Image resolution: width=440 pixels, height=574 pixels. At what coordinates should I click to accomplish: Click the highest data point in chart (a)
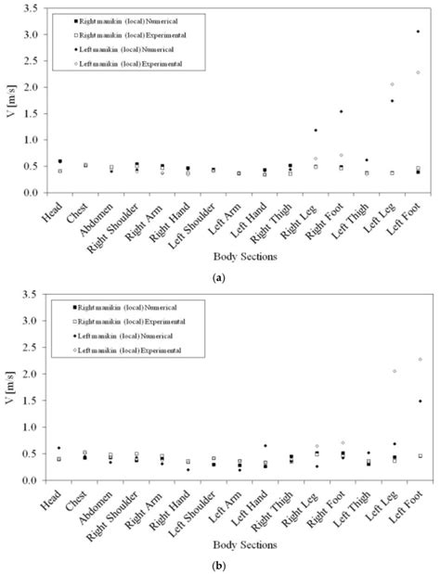tap(418, 32)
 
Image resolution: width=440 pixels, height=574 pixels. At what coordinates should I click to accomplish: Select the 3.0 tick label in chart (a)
tap(33, 34)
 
